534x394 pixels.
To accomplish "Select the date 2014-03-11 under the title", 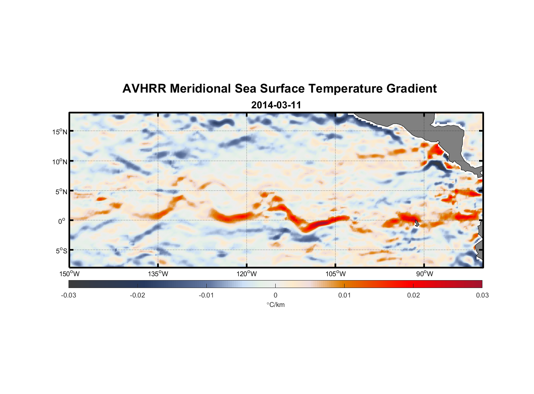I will (x=276, y=105).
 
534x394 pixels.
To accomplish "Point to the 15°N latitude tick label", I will (x=60, y=132).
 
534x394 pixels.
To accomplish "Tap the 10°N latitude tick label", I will (x=60, y=162).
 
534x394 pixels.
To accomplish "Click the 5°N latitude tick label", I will (x=61, y=191).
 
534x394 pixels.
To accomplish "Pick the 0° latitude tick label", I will (x=61, y=221).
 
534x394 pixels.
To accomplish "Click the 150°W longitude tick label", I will (x=69, y=274).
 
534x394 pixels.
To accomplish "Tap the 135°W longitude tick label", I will (x=158, y=274).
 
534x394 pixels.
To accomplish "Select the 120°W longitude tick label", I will (x=247, y=274).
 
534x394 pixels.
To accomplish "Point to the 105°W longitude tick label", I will (x=336, y=274).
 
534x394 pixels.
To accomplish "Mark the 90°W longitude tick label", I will (x=425, y=274).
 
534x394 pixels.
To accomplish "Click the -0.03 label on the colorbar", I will (x=69, y=295).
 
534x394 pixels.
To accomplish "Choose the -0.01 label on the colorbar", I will (x=206, y=295).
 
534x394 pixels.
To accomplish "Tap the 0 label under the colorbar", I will (x=275, y=295).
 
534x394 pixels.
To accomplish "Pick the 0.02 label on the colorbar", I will (x=413, y=295).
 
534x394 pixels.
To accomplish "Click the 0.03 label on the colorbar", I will (x=482, y=295).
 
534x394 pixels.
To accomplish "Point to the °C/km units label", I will (x=276, y=305).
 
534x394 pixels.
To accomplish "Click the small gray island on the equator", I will (x=417, y=223).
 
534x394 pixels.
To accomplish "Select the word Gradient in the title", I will (x=411, y=89).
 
